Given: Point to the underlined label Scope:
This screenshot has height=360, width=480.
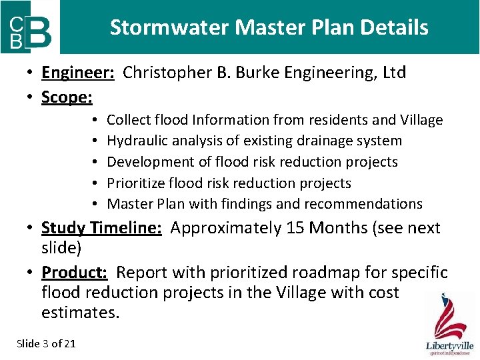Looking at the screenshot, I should pos(67,97).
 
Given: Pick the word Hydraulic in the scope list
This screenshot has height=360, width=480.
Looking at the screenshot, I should pos(135,141).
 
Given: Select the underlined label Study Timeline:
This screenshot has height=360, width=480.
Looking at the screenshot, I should pos(101,228).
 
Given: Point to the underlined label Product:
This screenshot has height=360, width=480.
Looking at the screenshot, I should pos(76,272).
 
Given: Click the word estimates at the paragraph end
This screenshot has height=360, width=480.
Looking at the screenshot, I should pos(79,312).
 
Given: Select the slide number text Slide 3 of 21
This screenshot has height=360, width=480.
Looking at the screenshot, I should pos(46,343).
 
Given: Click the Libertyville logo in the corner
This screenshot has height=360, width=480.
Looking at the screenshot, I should pos(450,325).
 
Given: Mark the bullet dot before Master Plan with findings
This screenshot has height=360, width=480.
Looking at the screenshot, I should pos(96,204).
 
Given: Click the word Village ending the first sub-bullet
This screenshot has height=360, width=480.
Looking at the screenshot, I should pos(421,120).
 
